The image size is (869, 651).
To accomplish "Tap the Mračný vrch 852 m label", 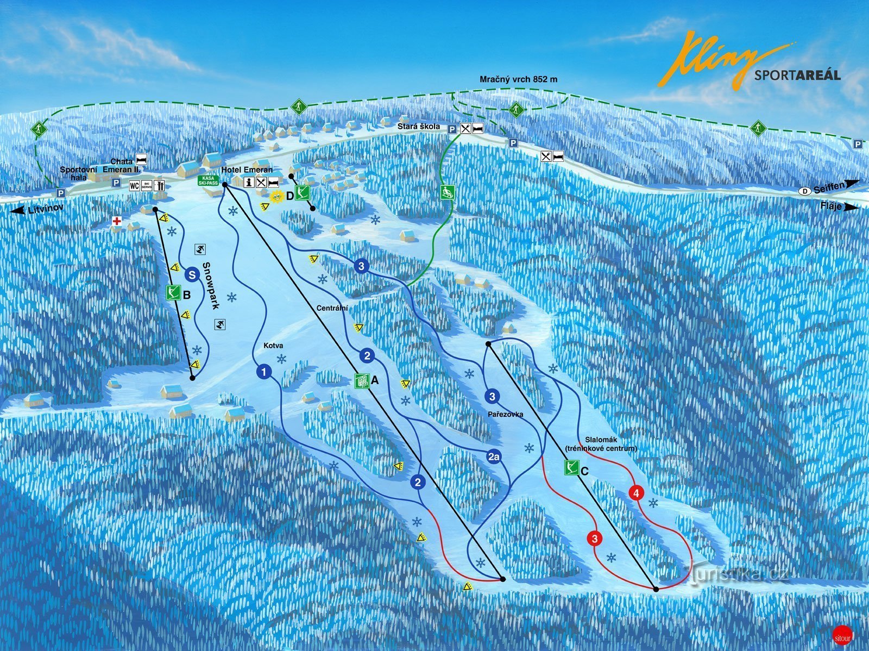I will coord(518,79).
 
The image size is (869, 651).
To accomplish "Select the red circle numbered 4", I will coord(636,493).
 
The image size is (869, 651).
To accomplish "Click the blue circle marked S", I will coord(192,274).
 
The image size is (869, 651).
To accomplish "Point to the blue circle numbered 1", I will coord(263,372).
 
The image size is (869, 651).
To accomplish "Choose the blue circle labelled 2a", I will coord(494,458).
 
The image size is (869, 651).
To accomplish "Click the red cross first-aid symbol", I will coord(116,221).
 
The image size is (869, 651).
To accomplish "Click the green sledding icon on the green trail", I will coord(447,192).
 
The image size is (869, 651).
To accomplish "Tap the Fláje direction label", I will coord(837,206).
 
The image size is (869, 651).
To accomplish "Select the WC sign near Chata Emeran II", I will coord(134,185).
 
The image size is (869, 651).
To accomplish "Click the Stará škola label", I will coord(421,127).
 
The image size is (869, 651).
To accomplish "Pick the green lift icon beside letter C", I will coord(571,467).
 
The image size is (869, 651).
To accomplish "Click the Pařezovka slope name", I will coord(505,414).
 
